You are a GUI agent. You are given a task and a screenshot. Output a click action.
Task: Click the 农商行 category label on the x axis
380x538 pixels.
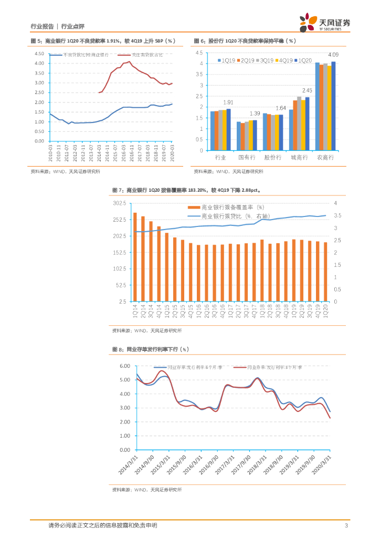coord(325,157)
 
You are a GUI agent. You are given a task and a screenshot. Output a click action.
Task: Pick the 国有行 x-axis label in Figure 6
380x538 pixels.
coord(246,157)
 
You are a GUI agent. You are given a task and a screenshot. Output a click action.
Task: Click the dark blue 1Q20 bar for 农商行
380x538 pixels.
coord(333,106)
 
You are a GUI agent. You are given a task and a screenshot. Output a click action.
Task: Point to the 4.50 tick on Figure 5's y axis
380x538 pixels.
coord(39,54)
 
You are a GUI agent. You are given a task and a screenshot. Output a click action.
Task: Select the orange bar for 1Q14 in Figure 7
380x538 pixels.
coord(135,257)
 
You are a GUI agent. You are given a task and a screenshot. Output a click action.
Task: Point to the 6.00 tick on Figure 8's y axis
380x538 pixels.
coord(124,366)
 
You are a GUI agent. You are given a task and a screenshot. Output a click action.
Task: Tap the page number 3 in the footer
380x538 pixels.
coord(346,525)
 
